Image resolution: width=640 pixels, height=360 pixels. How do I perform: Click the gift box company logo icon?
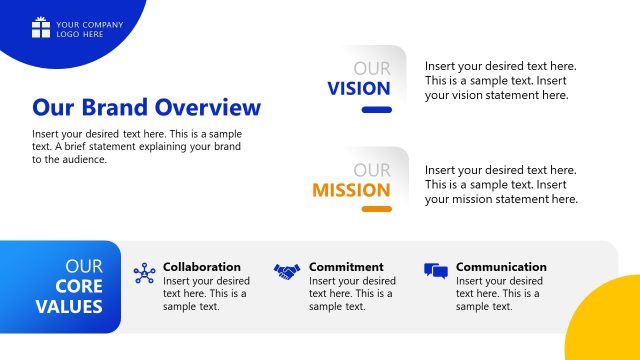coord(40,28)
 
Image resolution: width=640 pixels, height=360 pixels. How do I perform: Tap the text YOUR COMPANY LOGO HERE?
coord(90,29)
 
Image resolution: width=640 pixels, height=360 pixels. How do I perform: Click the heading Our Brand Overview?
coord(146,107)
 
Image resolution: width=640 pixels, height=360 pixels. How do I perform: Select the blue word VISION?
coord(358,88)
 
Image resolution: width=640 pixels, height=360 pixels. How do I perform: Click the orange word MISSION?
coord(351,190)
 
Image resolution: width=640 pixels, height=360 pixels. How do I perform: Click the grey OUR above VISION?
coord(372,69)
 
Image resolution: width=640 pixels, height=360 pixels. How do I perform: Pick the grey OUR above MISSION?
coord(372,170)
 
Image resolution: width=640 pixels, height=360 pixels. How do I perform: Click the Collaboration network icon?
coord(145,272)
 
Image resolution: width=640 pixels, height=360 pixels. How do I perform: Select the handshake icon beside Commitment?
coord(287,271)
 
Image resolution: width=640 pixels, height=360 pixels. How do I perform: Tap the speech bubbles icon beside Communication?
coord(435,271)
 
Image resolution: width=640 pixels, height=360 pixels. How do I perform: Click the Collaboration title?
coord(202,267)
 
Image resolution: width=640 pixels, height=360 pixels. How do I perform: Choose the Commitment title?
coord(346,267)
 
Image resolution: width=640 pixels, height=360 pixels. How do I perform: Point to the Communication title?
coord(501,267)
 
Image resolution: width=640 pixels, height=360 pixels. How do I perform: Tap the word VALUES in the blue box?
coord(69,306)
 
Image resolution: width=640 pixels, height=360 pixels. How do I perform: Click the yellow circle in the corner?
coord(610,325)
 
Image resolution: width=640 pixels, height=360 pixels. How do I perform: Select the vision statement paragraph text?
coord(500,81)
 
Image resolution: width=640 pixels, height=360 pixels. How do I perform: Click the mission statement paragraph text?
coord(501,184)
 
